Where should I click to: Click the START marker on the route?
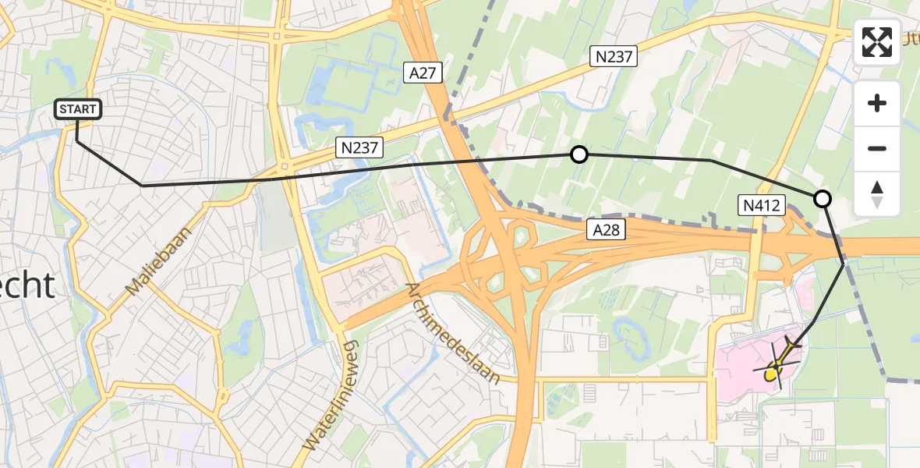[x=78, y=109]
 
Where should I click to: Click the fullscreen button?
[x=877, y=42]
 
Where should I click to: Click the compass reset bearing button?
[x=877, y=194]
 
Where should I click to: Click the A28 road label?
[x=606, y=229]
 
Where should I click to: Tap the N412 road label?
[x=760, y=206]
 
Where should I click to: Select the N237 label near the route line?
[x=359, y=146]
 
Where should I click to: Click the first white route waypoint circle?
[x=579, y=154]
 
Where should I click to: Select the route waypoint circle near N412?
[x=822, y=199]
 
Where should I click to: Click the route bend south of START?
[x=142, y=186]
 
